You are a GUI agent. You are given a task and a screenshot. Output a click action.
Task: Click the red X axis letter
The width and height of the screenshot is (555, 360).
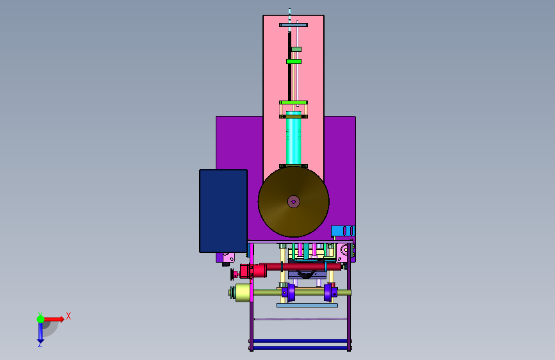pos(68,316)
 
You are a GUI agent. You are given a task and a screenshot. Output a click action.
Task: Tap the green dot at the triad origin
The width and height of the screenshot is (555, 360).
pos(41,319)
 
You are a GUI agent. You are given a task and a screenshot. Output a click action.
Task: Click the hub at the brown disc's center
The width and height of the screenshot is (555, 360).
pos(293,202)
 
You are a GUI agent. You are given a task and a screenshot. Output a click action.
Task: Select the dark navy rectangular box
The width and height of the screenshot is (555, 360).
pos(223,211)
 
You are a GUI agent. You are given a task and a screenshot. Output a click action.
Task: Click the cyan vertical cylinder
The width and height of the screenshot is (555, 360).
pos(293,138)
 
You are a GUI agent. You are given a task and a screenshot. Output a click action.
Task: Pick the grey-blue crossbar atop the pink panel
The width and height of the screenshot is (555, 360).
pos(293,25)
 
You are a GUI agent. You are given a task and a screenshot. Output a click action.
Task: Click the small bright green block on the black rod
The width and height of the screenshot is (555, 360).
pos(294,61)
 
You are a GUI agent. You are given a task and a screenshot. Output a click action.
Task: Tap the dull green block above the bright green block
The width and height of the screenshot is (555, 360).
pos(296,49)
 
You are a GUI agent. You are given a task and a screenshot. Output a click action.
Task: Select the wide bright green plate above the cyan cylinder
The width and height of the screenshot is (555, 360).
pos(293,102)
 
